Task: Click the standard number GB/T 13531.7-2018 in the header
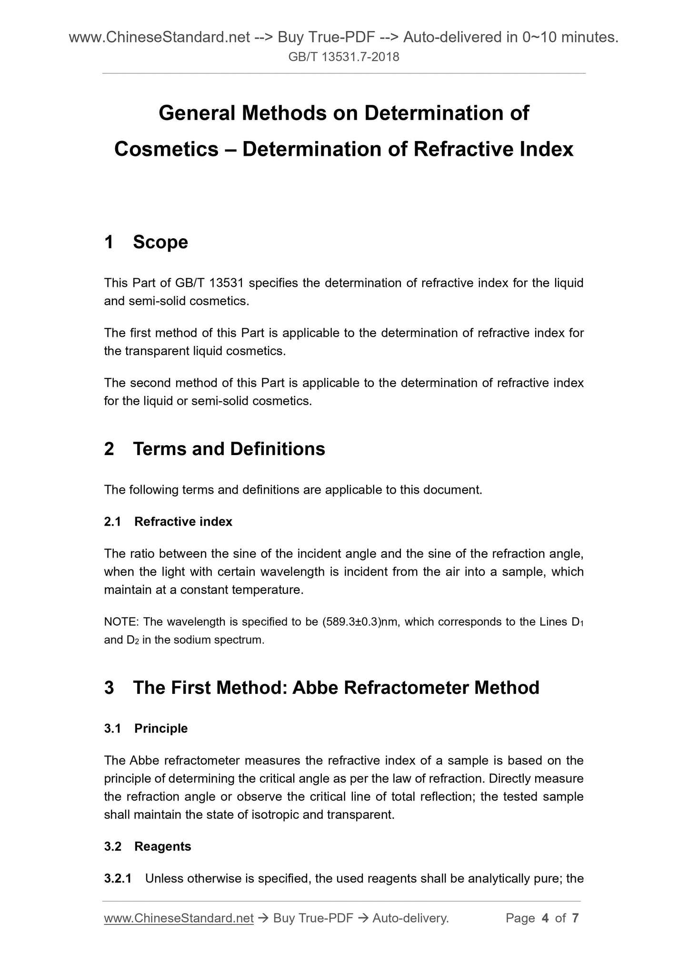[x=344, y=57]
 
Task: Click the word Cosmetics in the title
[x=166, y=149]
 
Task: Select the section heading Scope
[x=160, y=242]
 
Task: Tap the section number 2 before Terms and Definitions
[x=109, y=449]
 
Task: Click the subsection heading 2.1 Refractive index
[x=168, y=522]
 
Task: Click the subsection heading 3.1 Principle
[x=146, y=729]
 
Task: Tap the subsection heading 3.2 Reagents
[x=148, y=846]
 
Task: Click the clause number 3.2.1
[x=118, y=878]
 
